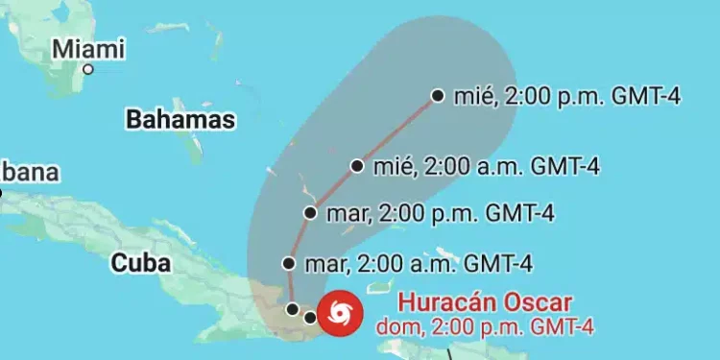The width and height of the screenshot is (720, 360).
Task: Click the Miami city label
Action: [89, 47]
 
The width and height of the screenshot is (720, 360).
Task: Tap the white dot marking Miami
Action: [87, 69]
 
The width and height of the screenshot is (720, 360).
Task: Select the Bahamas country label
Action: [180, 119]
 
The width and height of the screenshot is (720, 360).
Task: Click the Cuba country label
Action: [140, 262]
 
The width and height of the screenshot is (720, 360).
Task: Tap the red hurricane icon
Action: [340, 312]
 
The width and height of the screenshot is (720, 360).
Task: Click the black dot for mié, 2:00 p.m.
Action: [438, 95]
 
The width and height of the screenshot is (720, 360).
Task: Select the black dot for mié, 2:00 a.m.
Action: [357, 165]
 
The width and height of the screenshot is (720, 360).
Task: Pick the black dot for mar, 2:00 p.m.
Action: [310, 213]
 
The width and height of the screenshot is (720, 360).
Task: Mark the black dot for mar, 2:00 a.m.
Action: [289, 263]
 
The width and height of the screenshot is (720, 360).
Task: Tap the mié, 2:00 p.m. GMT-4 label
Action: [567, 95]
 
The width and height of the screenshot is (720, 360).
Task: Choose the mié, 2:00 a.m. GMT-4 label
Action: [487, 165]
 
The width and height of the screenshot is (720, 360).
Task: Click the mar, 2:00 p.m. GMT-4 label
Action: [440, 213]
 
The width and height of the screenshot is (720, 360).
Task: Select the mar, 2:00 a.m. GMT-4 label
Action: [418, 263]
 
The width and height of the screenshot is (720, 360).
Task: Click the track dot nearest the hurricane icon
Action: [309, 316]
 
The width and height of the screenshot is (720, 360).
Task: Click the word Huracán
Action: [445, 301]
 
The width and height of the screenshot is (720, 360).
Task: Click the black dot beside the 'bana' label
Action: [1, 193]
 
